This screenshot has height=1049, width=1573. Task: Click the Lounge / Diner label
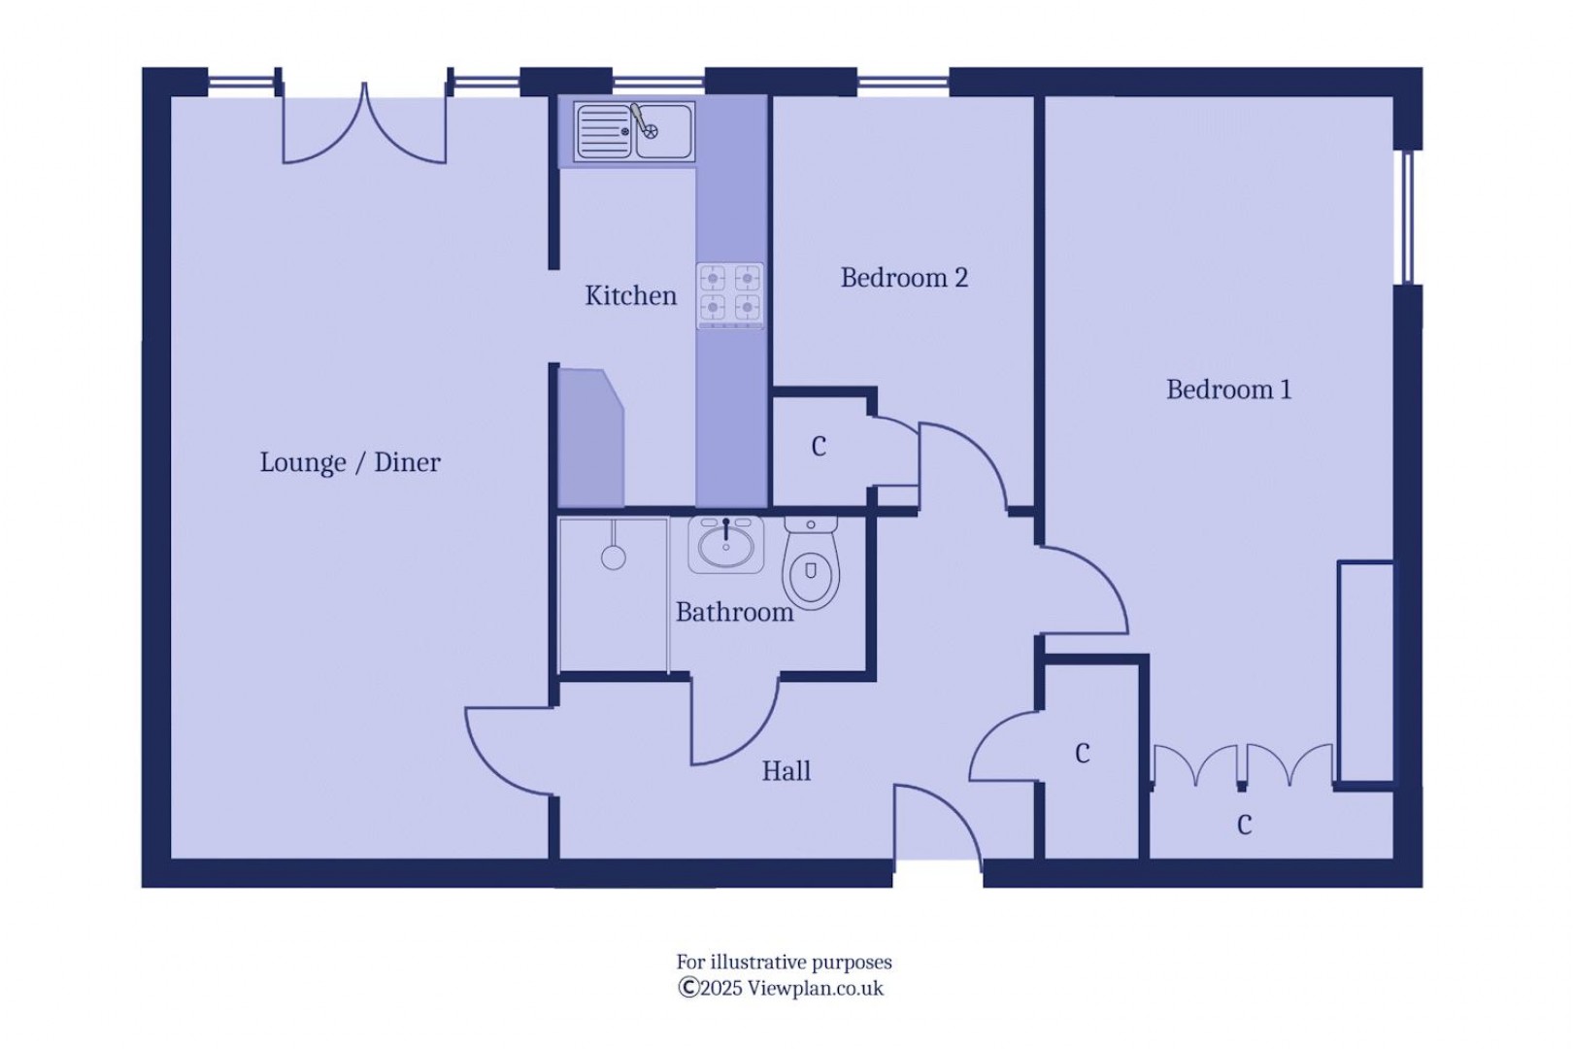(x=350, y=462)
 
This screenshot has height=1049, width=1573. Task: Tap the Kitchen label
(x=630, y=295)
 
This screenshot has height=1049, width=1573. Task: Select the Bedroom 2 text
(x=904, y=278)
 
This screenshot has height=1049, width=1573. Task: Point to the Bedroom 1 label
(x=1228, y=389)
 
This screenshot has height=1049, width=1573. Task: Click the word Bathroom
(x=734, y=612)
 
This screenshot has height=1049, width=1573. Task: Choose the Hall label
(x=786, y=771)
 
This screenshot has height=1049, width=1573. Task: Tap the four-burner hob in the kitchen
(x=730, y=294)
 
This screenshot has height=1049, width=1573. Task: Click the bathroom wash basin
(x=725, y=544)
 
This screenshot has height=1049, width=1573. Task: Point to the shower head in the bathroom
(x=613, y=557)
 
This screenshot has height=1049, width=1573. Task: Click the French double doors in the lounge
(x=364, y=126)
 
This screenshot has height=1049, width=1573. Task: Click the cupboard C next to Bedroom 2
(x=819, y=447)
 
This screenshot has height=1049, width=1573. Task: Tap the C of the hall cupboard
(x=1083, y=754)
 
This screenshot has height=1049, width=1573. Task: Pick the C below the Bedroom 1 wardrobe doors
(x=1244, y=825)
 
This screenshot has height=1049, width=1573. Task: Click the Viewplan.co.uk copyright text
(x=782, y=989)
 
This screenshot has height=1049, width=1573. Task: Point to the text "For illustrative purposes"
(x=784, y=963)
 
